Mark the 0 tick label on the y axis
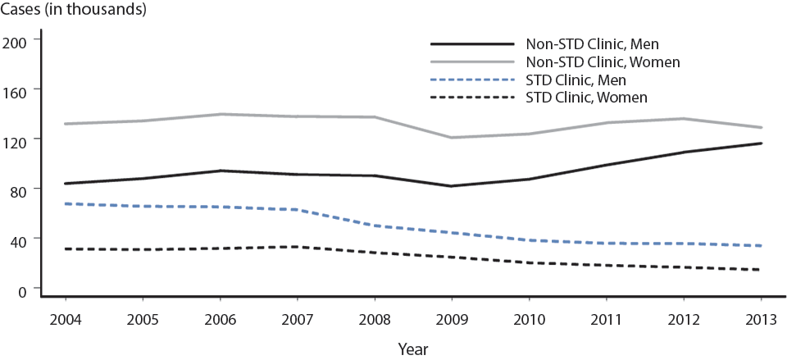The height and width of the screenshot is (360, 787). (22, 289)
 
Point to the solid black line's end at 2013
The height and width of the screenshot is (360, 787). (761, 144)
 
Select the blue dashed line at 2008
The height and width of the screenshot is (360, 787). (375, 225)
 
